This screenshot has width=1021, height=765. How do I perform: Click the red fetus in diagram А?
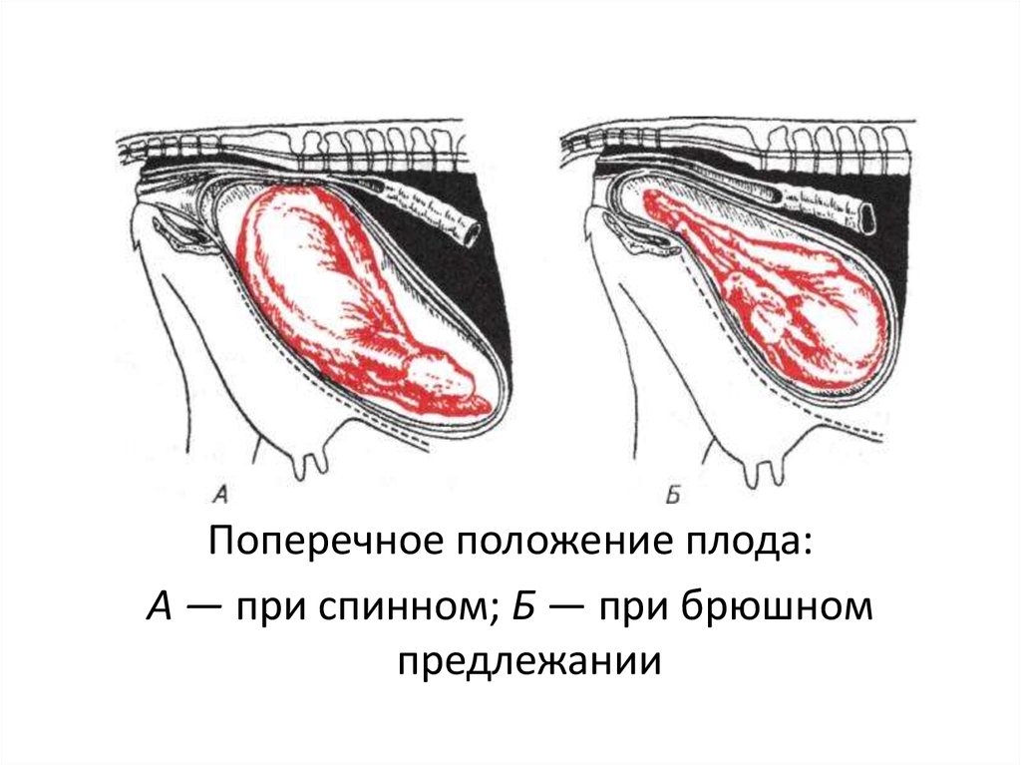(339, 299)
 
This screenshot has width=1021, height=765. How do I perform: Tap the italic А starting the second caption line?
(159, 604)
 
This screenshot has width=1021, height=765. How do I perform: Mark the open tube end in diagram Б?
(865, 212)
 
